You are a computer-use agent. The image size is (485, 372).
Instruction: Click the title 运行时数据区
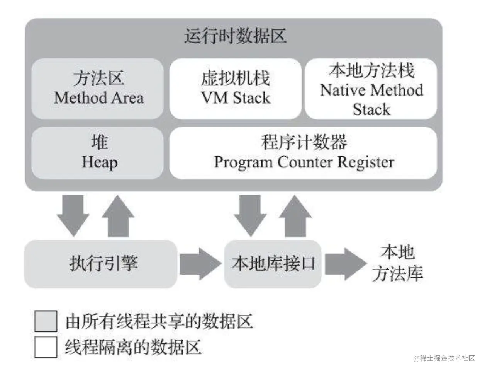tap(235, 37)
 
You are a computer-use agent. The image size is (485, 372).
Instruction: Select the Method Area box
tap(98, 89)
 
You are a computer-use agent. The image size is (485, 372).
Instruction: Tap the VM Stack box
tap(235, 89)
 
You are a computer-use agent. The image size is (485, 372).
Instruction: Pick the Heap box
tap(98, 153)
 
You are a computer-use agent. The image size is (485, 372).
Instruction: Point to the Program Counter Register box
tap(304, 153)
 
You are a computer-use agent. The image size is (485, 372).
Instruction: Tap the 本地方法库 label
tap(398, 263)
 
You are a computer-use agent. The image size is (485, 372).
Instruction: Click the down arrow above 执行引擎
tap(73, 215)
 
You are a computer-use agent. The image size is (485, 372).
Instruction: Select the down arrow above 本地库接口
tap(250, 215)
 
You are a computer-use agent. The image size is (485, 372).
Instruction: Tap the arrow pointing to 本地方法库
tap(345, 264)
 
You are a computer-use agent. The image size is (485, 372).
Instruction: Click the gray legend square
tap(46, 321)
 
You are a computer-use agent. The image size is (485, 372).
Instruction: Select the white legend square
tap(46, 346)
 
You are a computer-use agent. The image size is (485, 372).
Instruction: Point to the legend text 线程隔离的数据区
tap(133, 347)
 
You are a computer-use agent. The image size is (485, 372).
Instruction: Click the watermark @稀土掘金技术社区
tap(444, 358)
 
